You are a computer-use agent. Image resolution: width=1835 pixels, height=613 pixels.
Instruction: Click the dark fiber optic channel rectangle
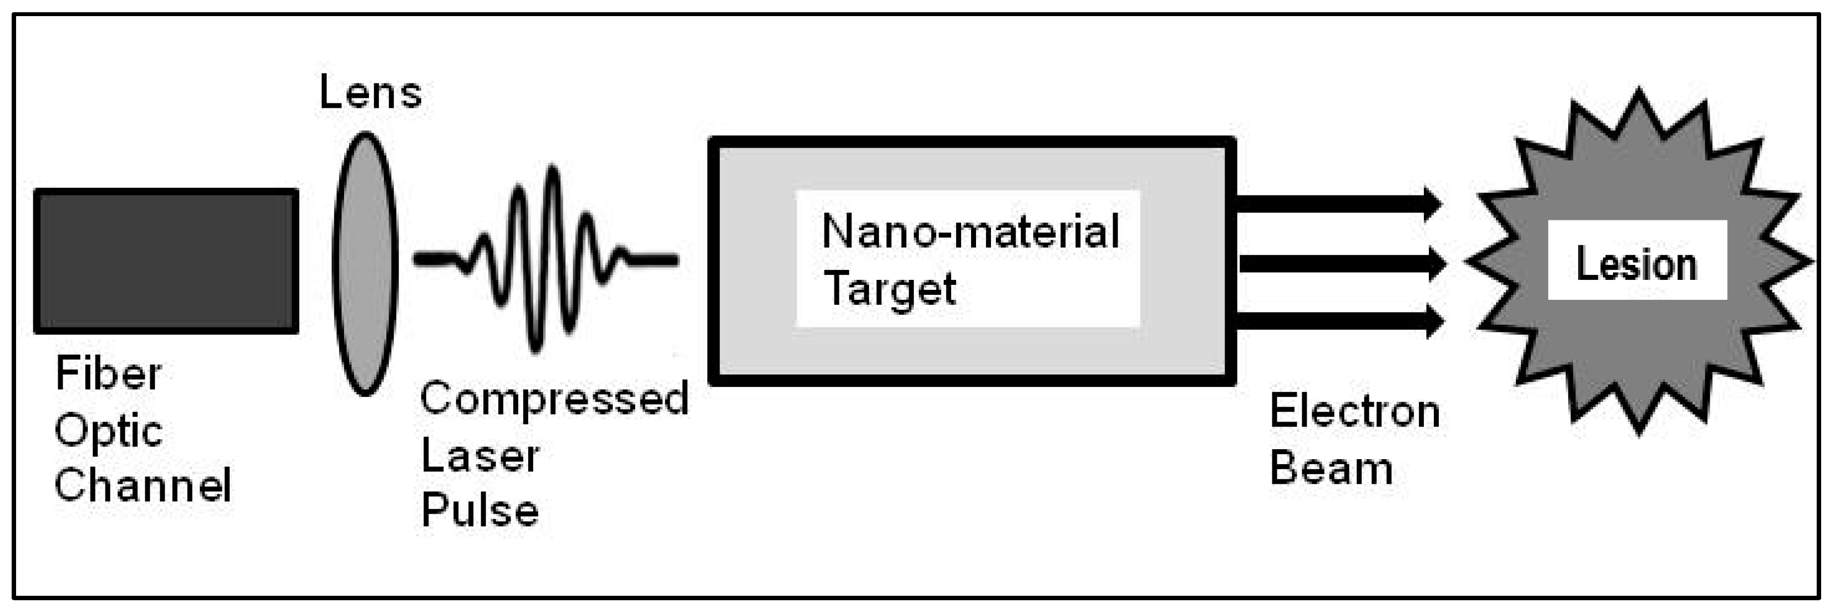[x=166, y=261]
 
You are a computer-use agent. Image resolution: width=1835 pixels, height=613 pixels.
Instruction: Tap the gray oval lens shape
[x=365, y=264]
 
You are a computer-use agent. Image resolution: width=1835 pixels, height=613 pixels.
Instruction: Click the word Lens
[x=371, y=93]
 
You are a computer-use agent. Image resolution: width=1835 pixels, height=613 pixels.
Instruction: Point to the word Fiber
[x=108, y=374]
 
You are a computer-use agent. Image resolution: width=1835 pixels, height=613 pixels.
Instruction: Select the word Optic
[x=108, y=431]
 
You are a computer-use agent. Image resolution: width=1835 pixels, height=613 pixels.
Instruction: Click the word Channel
[x=143, y=485]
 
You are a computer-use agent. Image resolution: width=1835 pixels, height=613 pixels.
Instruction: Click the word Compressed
[x=554, y=399]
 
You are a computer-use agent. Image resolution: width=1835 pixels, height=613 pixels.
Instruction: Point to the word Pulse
[x=480, y=510]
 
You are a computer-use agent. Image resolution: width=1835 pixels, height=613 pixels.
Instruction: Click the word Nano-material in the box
[x=970, y=232]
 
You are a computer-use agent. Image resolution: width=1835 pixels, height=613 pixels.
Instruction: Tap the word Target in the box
[x=889, y=289]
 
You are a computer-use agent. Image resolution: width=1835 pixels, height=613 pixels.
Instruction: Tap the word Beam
[x=1331, y=469]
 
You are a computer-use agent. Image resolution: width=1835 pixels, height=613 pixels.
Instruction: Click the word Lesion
[x=1636, y=264]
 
